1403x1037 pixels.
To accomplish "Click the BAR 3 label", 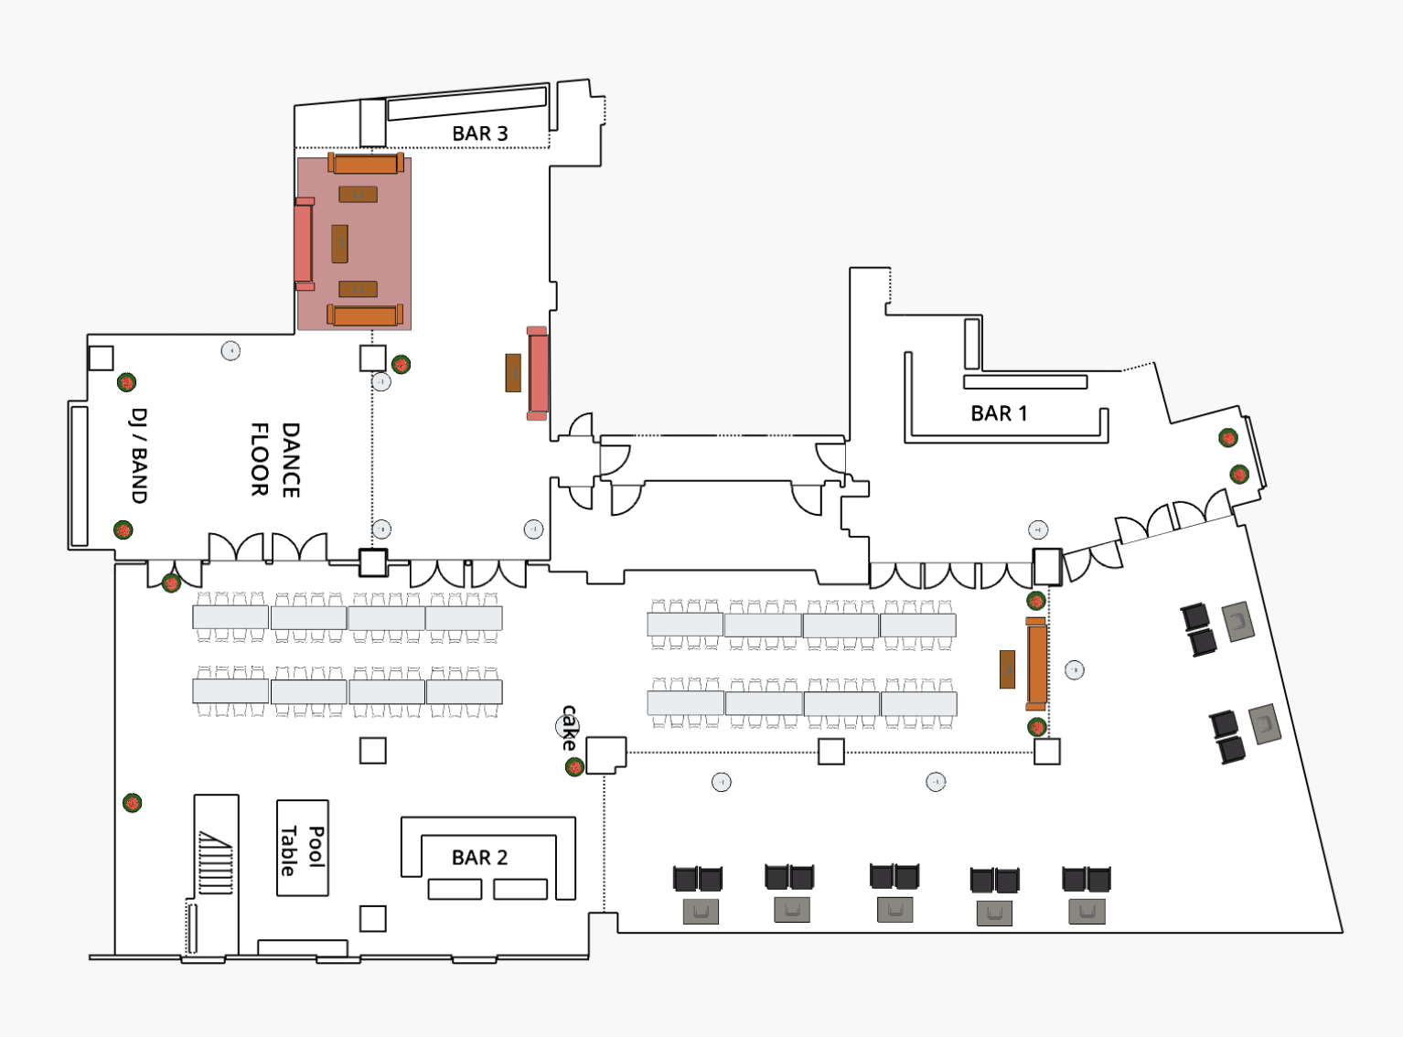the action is click(479, 134).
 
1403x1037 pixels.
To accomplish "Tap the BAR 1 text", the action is click(999, 413).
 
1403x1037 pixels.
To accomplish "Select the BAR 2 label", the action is click(479, 858).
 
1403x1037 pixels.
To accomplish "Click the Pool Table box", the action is click(303, 849).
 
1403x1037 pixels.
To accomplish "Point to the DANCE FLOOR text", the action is click(275, 459).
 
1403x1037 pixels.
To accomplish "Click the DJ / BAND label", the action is click(139, 455).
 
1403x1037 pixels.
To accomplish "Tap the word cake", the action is click(570, 727).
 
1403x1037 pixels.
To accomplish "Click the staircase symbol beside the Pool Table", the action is click(216, 861).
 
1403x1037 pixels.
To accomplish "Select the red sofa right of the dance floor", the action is click(538, 373).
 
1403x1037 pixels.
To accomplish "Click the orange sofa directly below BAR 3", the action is click(365, 164).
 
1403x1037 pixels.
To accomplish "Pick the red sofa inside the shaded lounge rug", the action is click(304, 243).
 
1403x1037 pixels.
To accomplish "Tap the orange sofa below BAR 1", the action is click(1036, 664).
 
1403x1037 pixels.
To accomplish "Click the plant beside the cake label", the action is click(574, 766).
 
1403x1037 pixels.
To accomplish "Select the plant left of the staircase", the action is click(133, 804).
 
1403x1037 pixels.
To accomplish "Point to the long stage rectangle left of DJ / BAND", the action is click(80, 476).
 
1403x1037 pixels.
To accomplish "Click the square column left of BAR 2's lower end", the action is click(372, 918).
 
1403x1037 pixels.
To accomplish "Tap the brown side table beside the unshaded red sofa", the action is click(513, 373).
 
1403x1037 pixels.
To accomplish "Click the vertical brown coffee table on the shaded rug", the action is click(339, 243).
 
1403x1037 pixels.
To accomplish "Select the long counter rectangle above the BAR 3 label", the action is click(466, 102).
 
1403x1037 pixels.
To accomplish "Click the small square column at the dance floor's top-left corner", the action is click(101, 358).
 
